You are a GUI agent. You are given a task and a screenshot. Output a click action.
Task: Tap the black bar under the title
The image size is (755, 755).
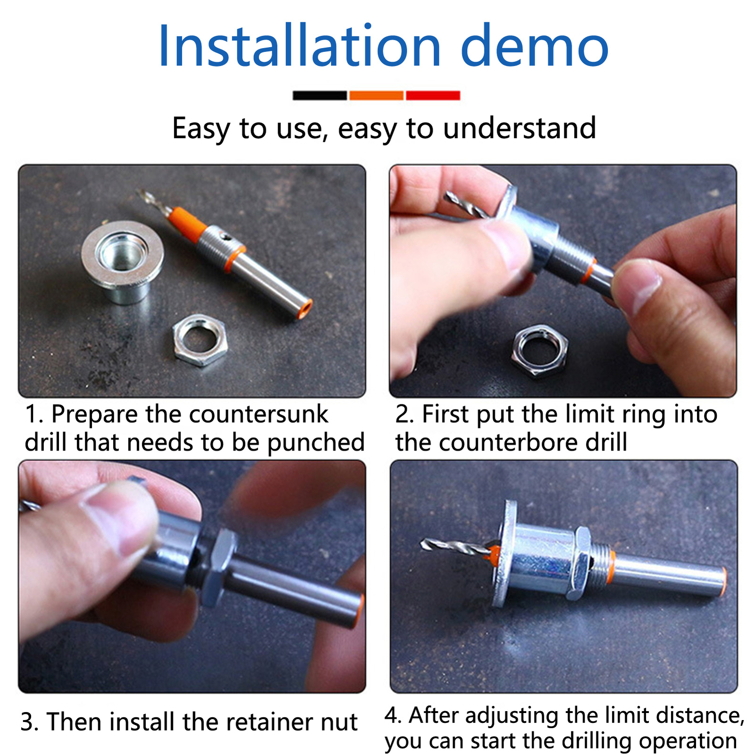point(319,95)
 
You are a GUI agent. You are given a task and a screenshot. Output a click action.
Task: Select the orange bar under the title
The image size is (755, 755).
point(376,95)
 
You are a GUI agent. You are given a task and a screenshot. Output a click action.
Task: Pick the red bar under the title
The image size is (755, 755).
point(433,95)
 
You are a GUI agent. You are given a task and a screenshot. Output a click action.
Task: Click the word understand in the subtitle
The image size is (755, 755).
point(520,128)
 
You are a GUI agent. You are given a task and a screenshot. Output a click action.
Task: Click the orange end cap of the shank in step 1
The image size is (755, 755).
point(304,309)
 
